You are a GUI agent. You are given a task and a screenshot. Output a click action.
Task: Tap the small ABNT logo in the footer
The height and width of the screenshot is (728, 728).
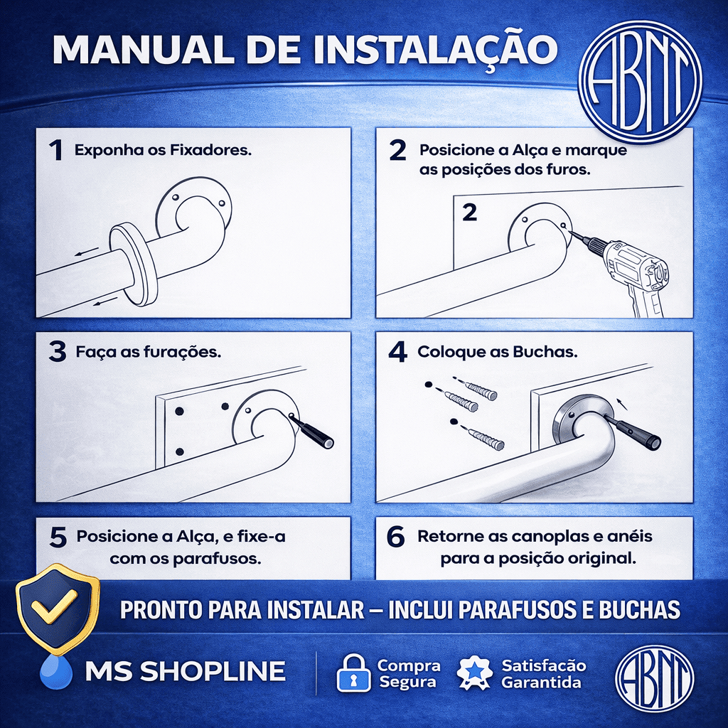654,675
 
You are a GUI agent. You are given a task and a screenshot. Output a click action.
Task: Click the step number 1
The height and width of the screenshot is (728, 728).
56,151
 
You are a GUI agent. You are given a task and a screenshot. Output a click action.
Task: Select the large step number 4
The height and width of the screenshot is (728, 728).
398,352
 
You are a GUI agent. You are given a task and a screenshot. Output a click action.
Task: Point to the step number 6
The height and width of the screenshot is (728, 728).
395,537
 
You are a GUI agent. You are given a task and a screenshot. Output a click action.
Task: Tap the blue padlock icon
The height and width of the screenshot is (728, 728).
353,673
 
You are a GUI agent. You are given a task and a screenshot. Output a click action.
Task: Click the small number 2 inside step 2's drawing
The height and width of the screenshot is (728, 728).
470,213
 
